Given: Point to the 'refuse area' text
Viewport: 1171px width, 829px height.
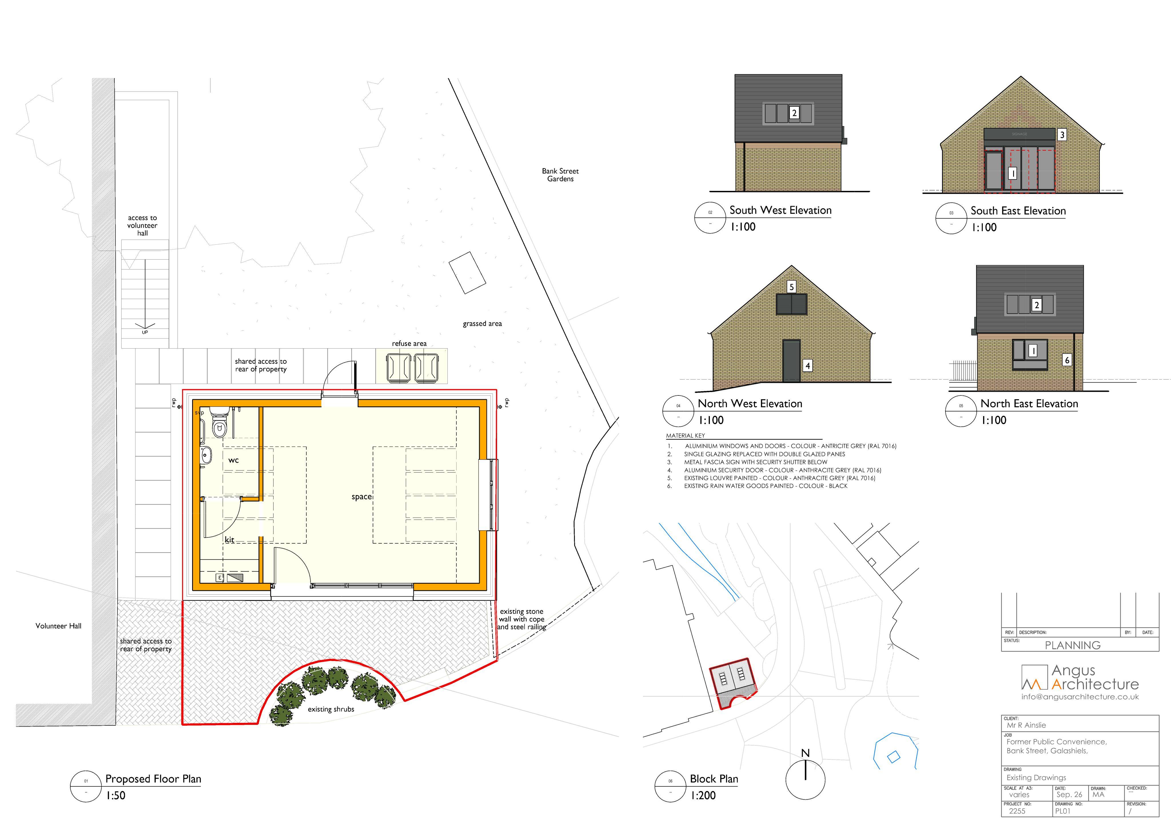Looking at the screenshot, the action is click(x=409, y=344).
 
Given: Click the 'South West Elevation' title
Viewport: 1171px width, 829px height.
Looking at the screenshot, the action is click(x=780, y=210).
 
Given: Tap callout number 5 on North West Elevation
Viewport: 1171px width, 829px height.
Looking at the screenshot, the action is click(x=792, y=287).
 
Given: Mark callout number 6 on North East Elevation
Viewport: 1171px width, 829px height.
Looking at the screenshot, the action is click(x=1066, y=360).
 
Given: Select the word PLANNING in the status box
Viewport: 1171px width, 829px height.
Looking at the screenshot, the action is click(x=1073, y=645).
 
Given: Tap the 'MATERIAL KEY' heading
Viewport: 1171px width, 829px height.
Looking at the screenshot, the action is click(x=686, y=436).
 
